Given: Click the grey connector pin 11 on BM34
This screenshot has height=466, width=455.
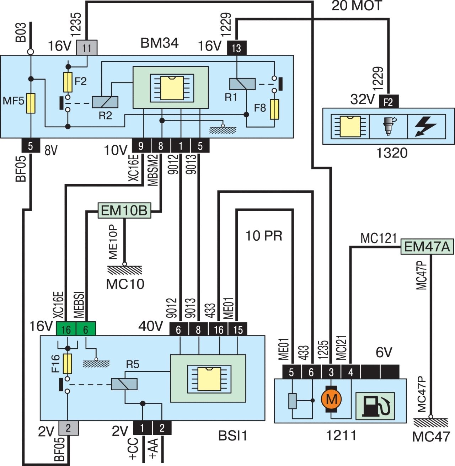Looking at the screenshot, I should (87, 48).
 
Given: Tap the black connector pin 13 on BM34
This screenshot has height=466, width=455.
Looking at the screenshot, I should (236, 48).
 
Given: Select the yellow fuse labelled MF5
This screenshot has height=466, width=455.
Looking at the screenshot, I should (31, 103).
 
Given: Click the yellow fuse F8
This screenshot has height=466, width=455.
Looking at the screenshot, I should (274, 109).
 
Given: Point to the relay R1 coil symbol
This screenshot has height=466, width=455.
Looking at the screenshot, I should (242, 84).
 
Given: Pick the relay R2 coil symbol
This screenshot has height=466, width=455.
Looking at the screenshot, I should (105, 102).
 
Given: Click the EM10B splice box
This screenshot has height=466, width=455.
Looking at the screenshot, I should (124, 210).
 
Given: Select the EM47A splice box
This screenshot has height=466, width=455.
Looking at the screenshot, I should (427, 246).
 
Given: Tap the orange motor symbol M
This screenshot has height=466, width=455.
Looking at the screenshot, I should (331, 399).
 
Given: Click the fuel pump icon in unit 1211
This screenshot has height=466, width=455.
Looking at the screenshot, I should (375, 407).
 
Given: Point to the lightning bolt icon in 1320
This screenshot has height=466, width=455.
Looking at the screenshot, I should (426, 127).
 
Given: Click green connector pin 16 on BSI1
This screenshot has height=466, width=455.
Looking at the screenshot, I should (66, 329).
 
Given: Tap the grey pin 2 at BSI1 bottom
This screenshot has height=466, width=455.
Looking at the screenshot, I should (68, 428).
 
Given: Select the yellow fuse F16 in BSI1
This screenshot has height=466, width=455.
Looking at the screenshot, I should (67, 363).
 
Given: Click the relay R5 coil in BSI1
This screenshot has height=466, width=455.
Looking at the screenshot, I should (124, 384).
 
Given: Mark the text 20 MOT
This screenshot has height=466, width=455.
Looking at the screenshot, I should (357, 6).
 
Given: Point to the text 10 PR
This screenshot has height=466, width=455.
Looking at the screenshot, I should (264, 235).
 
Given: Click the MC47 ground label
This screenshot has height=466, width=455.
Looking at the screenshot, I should (431, 436).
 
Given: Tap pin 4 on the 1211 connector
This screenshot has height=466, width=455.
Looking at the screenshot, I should (351, 372).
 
